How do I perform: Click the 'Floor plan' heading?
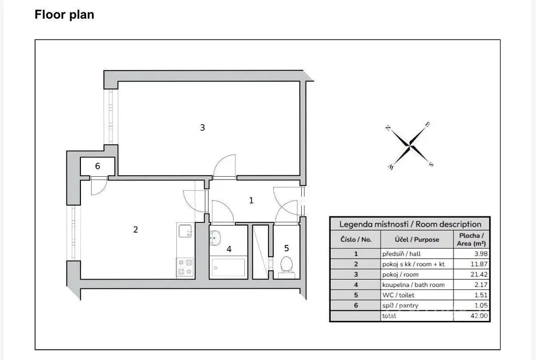click(x=64, y=14)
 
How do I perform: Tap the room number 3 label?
click(x=203, y=127)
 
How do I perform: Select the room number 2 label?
click(x=136, y=229)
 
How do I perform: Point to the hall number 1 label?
click(x=251, y=200)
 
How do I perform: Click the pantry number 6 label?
click(x=98, y=166)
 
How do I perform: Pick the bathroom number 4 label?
click(x=229, y=249)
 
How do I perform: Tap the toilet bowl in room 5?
click(x=286, y=264)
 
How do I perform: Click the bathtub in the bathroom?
click(x=228, y=267)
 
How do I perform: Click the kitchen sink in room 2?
click(x=185, y=231)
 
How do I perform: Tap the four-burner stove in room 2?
click(x=185, y=267)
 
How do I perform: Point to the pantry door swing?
click(x=99, y=186)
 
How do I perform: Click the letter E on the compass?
click(x=427, y=125)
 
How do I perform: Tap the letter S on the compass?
click(x=431, y=164)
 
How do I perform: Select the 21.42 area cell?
click(x=472, y=274)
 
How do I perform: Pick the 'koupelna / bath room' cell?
click(x=413, y=285)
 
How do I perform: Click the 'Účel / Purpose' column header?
click(x=417, y=239)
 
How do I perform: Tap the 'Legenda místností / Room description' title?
click(x=410, y=224)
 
